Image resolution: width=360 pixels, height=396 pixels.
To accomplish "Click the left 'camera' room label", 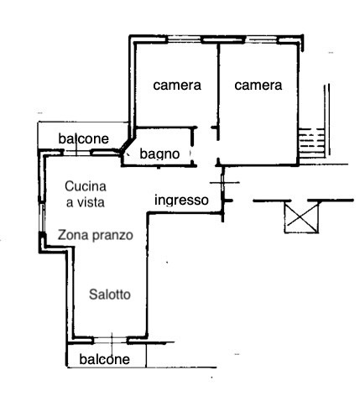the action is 177,86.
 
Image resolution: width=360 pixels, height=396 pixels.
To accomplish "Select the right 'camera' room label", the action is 258,86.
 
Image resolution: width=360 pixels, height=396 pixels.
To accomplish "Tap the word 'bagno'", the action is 159,154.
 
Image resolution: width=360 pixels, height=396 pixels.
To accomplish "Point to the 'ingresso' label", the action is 181,201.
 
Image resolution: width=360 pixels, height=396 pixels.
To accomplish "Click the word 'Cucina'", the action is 86,186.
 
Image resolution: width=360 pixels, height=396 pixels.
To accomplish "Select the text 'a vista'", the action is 86,202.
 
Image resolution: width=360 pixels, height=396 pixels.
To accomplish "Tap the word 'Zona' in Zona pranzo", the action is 73,235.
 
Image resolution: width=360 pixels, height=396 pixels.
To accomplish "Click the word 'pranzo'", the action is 112,236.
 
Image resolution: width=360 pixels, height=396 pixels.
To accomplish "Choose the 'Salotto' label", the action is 110,294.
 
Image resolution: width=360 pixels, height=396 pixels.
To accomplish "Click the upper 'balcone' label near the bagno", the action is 83,139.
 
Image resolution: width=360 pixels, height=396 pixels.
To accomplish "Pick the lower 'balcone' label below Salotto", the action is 105,360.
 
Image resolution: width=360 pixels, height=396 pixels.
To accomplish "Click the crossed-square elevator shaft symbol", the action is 301,217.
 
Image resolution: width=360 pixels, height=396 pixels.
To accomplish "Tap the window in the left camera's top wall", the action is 185,40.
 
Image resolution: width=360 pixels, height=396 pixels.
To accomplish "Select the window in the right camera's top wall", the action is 261,40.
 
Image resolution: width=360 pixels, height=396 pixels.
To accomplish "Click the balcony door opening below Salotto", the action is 111,341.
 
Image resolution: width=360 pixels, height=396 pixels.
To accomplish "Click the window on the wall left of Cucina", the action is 42,217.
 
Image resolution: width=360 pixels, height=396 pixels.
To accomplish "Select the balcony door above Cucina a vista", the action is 77,153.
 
